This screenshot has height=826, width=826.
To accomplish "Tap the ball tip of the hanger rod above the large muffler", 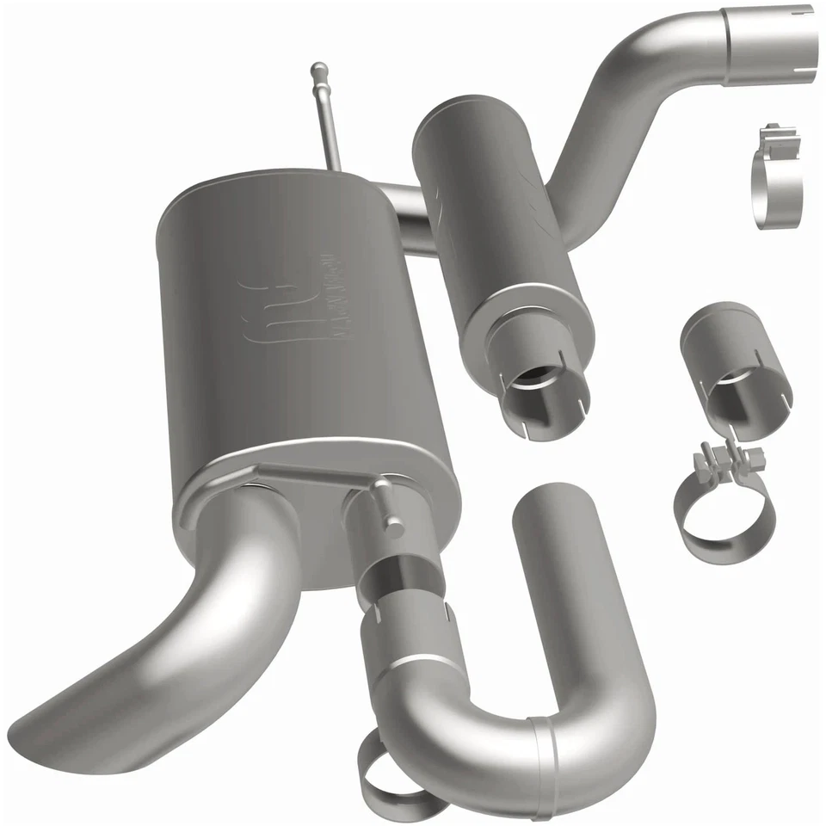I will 319,68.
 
